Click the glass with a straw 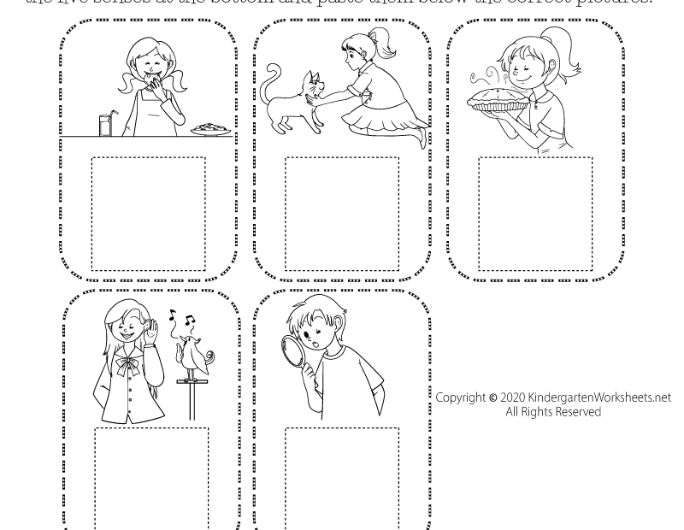point(105,125)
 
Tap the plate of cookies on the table point(210,130)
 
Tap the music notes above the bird point(181,321)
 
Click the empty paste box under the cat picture point(342,214)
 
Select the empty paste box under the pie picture point(535,214)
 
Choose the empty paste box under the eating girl point(148,214)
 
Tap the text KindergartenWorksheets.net point(599,397)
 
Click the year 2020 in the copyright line point(512,397)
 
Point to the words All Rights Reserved point(552,412)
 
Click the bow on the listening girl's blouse point(127,367)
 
